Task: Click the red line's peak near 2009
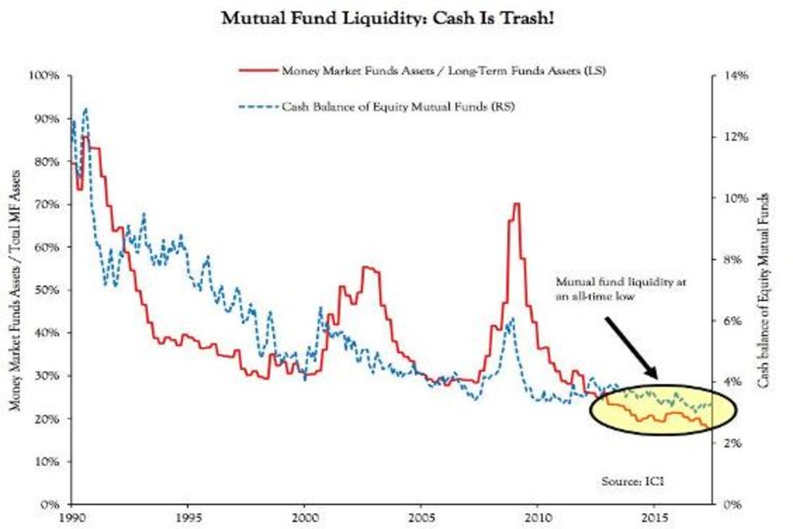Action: (x=516, y=204)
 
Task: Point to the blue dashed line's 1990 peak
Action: (x=85, y=109)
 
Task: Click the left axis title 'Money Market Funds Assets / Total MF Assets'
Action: (x=15, y=290)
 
